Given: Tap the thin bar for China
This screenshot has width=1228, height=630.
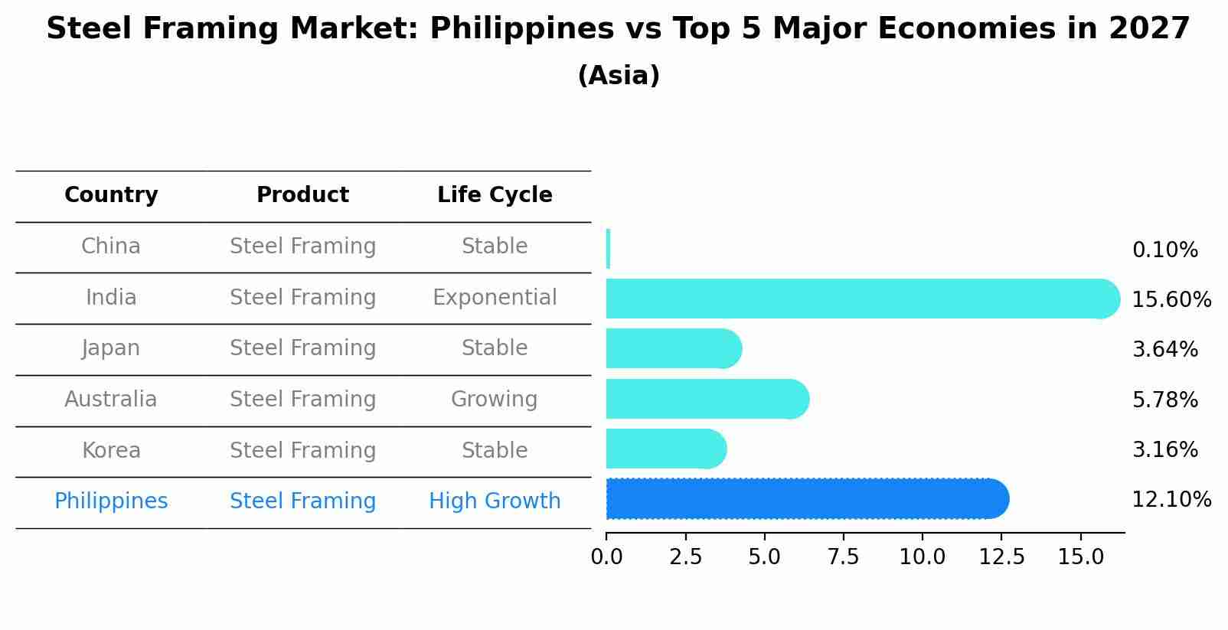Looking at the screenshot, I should click(608, 249).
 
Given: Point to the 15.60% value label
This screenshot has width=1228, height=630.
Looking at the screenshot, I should click(1171, 300).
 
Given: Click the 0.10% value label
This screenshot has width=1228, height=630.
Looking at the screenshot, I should click(1164, 250).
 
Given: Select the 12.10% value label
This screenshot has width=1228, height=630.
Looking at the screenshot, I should click(1171, 500).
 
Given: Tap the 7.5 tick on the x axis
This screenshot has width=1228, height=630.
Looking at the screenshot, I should click(843, 557).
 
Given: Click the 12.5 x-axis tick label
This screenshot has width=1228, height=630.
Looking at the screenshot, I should click(1001, 557).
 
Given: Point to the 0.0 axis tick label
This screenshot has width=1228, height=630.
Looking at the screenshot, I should click(606, 557).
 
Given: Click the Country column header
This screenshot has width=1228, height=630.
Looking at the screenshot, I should click(111, 195).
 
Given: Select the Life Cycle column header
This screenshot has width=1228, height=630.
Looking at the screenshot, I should click(495, 195).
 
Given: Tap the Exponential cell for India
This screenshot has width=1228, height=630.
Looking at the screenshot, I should click(495, 298).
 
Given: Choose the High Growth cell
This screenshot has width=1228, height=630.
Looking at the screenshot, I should click(495, 501).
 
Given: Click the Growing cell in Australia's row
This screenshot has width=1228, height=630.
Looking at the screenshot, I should click(495, 400).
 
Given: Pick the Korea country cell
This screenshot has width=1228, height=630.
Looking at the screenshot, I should click(111, 451).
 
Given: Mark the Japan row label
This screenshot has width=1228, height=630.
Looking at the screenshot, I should click(111, 348).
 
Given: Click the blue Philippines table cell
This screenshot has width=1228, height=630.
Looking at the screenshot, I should click(111, 501).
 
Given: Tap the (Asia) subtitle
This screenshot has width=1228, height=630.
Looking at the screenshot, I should click(619, 76).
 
